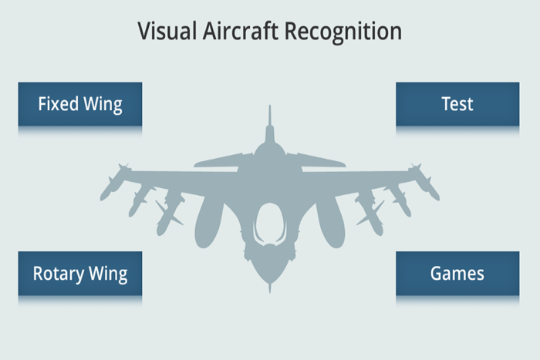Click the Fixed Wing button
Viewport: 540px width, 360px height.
point(80,104)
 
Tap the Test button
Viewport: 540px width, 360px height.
point(457,104)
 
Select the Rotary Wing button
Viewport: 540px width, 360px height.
point(80,273)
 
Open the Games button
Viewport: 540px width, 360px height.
point(457,273)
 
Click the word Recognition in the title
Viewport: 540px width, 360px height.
point(343,32)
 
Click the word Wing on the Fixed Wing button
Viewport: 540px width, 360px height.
point(103,104)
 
